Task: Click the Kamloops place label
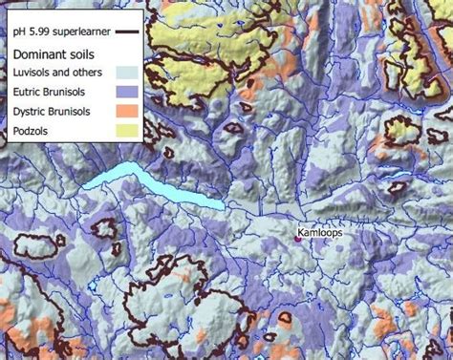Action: [x=319, y=232]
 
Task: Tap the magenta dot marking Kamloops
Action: [x=297, y=239]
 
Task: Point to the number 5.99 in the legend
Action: [x=36, y=32]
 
